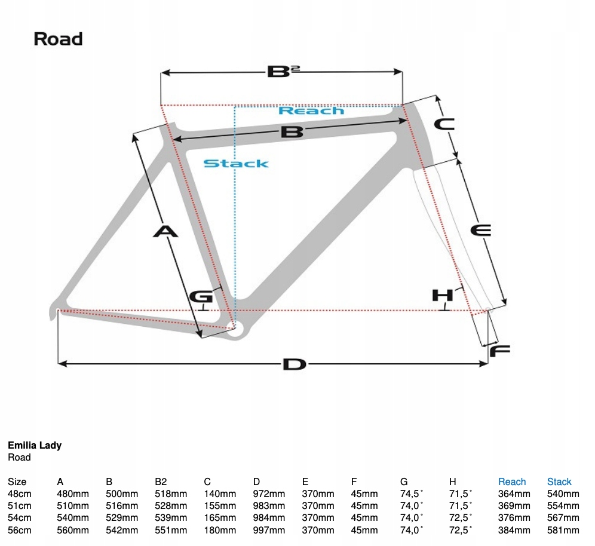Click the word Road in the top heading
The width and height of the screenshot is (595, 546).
tap(58, 39)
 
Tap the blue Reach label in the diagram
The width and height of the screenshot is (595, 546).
tap(311, 111)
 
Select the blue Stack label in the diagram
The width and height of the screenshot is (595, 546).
tap(236, 163)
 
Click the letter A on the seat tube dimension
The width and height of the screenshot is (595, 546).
tap(165, 231)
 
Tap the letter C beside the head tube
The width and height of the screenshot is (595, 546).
tap(443, 124)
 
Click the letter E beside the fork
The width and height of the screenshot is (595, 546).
tap(480, 230)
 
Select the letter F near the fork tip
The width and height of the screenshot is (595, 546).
tap(500, 351)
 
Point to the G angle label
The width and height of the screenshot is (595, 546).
tap(201, 296)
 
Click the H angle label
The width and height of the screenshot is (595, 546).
tap(443, 295)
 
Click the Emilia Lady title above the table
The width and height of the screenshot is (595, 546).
tap(35, 445)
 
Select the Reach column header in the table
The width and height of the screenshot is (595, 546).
tap(512, 481)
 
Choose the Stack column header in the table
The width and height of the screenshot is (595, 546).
tap(559, 481)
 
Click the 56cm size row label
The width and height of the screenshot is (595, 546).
tap(19, 530)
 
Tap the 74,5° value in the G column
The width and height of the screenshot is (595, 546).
tap(412, 494)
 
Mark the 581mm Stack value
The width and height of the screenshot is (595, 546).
tap(563, 530)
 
